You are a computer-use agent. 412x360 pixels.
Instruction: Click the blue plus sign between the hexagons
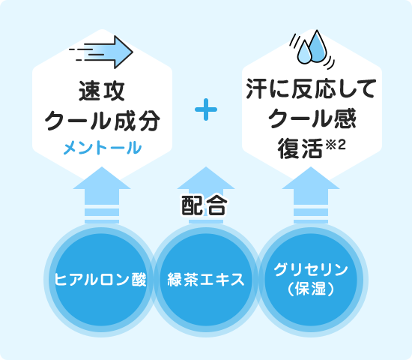(206, 109)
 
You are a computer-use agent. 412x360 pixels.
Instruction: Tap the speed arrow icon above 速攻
(101, 52)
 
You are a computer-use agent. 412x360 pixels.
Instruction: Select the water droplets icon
(312, 49)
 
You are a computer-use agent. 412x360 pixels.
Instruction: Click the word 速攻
(101, 91)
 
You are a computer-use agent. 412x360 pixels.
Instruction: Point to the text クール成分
(102, 121)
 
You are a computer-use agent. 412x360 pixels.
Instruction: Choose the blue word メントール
(102, 148)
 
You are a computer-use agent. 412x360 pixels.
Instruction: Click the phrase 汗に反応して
(311, 88)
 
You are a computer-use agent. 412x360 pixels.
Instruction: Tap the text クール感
(312, 118)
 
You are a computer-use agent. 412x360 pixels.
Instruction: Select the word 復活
(300, 148)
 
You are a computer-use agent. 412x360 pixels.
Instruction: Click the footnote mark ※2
(336, 145)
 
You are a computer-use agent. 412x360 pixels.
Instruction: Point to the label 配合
(205, 205)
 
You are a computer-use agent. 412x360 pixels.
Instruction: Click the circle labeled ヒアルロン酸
(101, 280)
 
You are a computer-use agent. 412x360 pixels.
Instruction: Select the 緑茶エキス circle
(206, 280)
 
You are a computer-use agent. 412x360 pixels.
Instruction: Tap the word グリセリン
(311, 270)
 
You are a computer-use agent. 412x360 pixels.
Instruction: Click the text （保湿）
(311, 289)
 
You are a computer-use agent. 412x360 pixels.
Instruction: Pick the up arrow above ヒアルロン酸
(102, 195)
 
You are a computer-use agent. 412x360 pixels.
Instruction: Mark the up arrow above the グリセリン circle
(311, 195)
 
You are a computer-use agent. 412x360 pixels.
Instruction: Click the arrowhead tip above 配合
(206, 166)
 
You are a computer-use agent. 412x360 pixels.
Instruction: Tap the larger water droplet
(318, 46)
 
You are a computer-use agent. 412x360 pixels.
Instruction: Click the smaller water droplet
(304, 52)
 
